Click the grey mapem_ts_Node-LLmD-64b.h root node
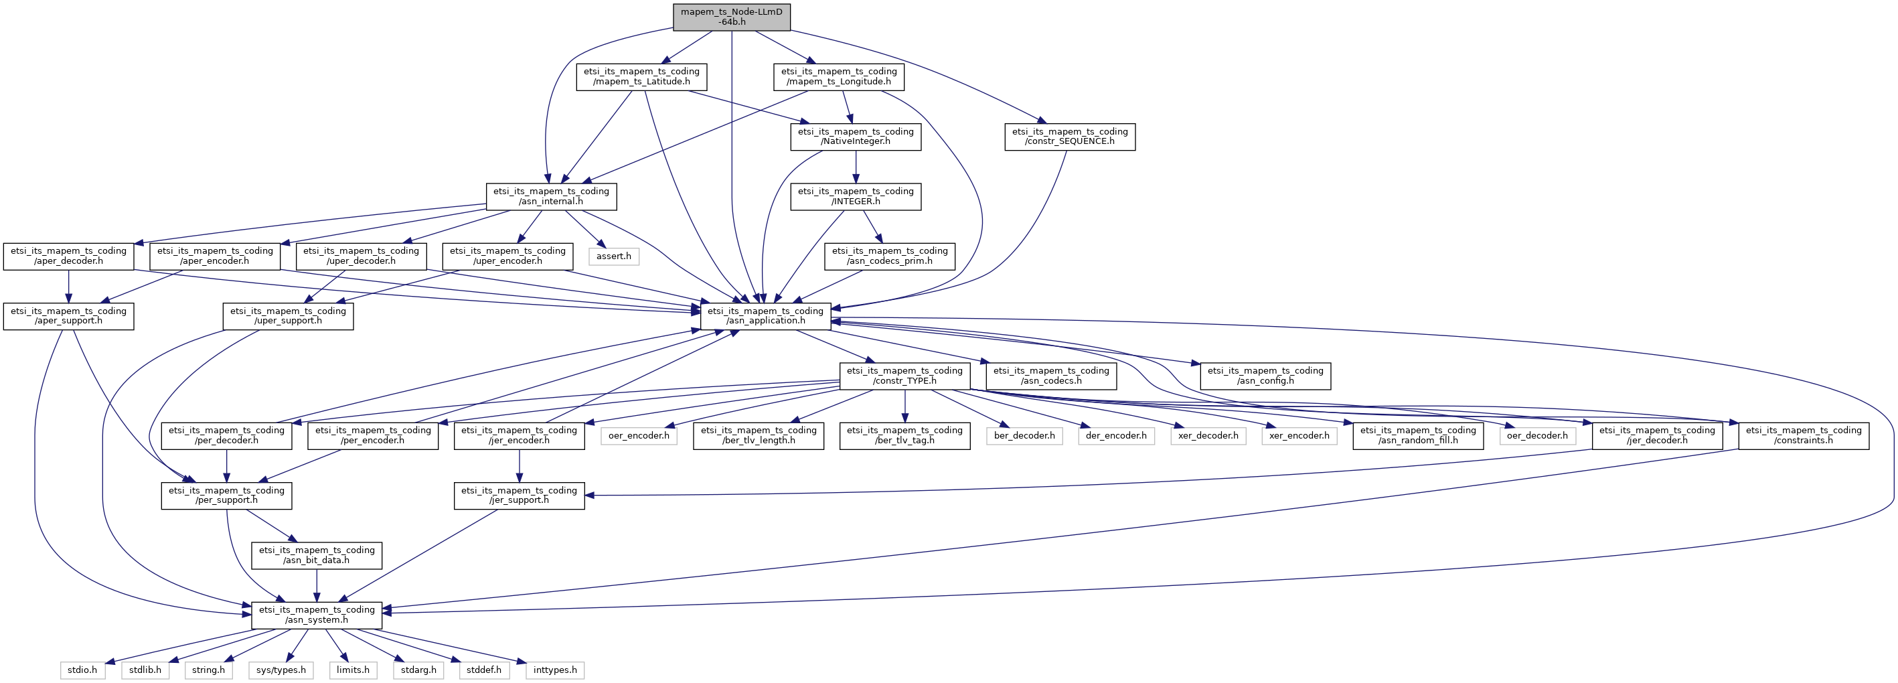(732, 17)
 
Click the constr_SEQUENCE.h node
(1070, 137)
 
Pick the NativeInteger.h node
(856, 137)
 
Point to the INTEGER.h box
(856, 196)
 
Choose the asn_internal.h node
(551, 196)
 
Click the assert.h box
(614, 256)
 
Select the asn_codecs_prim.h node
(890, 256)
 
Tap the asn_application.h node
(765, 316)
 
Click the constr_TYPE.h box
(904, 376)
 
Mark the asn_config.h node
(1266, 376)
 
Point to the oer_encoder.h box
(639, 435)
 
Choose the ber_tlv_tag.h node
(904, 435)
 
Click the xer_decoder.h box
(1208, 435)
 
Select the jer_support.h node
(520, 495)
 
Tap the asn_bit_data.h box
(317, 555)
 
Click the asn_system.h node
(317, 615)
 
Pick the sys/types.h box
(281, 670)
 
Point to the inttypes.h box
(555, 670)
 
